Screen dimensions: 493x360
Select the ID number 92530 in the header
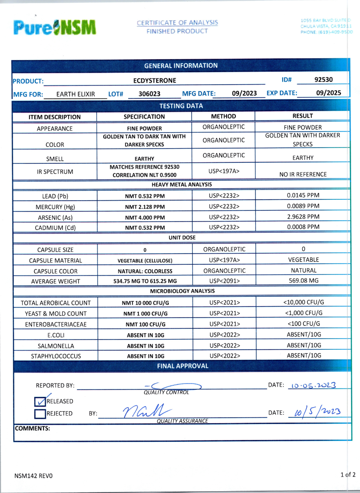click(324, 80)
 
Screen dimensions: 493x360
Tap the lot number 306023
click(150, 94)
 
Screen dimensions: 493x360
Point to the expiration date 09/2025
click(328, 93)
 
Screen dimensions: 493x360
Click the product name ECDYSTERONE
click(154, 81)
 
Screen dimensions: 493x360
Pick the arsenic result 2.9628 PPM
click(303, 217)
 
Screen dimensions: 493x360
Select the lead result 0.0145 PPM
click(303, 195)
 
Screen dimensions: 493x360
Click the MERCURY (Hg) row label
click(55, 207)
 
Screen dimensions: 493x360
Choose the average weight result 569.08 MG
click(303, 280)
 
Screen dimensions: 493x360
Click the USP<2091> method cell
click(224, 281)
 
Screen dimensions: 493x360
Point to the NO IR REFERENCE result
click(303, 174)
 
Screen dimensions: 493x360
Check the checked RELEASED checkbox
click(40, 401)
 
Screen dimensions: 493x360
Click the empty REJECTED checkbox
click(40, 414)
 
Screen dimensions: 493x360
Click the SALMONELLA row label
click(55, 346)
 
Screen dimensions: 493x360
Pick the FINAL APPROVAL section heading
click(182, 366)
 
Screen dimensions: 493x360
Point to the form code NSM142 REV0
click(33, 476)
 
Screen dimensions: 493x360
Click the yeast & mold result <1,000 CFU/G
click(303, 313)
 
